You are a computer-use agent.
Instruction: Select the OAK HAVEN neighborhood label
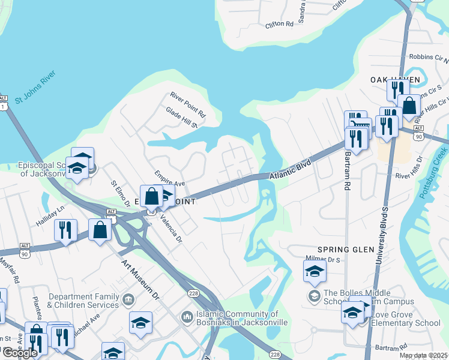click(390, 79)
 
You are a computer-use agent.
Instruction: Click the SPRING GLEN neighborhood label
click(342, 249)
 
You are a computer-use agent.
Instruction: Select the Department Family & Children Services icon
click(127, 299)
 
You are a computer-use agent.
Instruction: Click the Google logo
click(19, 353)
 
